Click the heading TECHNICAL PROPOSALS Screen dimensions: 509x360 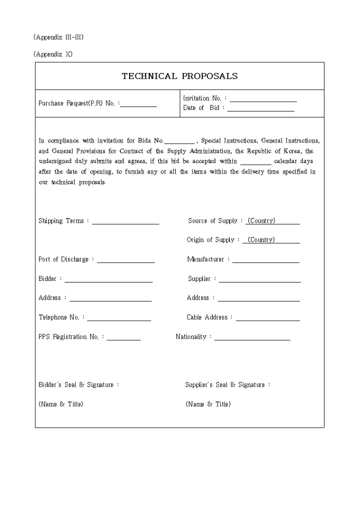[179, 76]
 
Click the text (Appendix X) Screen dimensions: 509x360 [53, 54]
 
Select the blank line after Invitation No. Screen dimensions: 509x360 [263, 99]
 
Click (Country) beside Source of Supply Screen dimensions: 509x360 [262, 221]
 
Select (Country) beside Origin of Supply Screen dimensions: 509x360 [261, 240]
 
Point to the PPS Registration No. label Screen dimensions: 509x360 [70, 337]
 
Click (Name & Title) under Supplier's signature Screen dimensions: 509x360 [208, 404]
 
